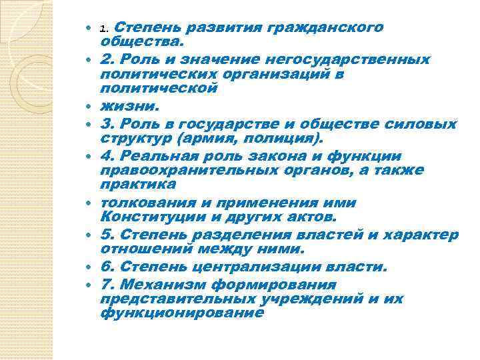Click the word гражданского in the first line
325,28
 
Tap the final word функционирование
181,312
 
